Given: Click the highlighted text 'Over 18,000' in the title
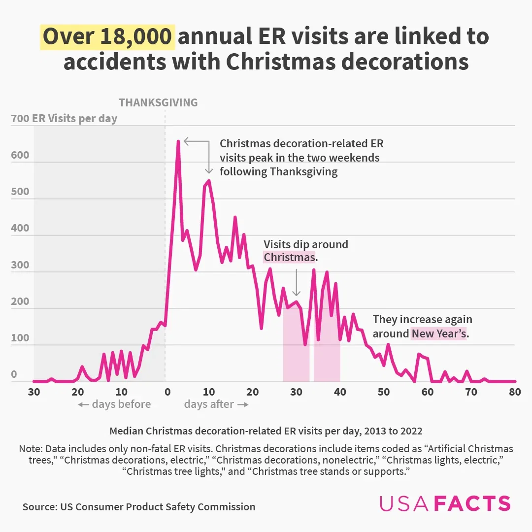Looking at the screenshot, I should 108,37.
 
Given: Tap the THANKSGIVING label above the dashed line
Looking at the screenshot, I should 158,102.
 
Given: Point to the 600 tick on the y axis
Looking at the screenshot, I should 20,155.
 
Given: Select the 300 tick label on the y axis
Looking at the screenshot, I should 20,265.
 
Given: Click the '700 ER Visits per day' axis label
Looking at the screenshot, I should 64,119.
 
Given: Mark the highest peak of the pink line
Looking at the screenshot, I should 178,141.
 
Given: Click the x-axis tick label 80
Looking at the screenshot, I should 515,392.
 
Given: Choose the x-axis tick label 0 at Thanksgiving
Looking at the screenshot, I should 167,392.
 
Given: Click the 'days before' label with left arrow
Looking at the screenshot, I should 114,404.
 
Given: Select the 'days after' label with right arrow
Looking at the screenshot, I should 216,404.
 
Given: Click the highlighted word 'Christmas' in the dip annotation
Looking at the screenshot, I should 289,257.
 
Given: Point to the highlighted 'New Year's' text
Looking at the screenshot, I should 438,334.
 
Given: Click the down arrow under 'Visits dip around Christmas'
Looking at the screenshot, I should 296,283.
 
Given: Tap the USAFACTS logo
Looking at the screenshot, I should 445,503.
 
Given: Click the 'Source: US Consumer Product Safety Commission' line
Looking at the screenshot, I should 139,507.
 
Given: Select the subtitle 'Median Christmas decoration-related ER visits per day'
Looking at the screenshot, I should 266,431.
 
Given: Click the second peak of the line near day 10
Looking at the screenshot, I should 209,181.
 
